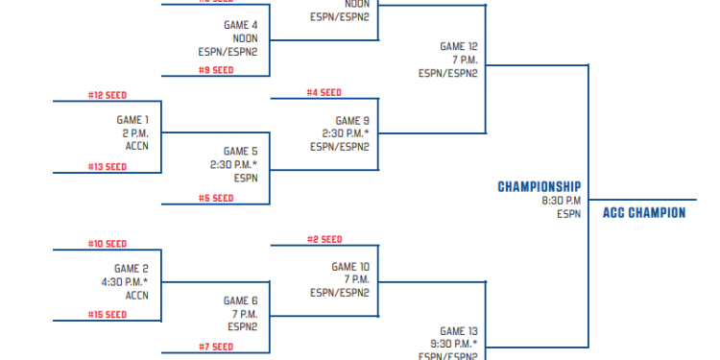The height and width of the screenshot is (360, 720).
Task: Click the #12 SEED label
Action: point(108,95)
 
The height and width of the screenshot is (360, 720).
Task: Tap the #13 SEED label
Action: point(108,167)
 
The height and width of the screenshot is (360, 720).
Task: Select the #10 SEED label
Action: point(108,244)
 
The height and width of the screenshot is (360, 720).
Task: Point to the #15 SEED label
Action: point(108,315)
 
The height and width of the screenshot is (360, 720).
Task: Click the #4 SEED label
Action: point(324,93)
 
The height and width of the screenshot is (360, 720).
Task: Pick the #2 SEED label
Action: point(324,239)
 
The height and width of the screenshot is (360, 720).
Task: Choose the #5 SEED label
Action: point(216,199)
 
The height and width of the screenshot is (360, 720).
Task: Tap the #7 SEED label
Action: point(216,347)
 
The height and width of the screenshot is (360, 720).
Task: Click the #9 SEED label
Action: point(216,70)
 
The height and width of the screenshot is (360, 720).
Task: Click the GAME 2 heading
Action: point(132,269)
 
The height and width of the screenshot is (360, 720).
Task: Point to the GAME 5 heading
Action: point(241,151)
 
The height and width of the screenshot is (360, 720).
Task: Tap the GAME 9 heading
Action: point(350,121)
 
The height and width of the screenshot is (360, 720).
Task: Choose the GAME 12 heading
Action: point(459,46)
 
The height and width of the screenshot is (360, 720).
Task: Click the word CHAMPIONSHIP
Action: point(540,186)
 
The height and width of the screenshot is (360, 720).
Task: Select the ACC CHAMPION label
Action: point(644,213)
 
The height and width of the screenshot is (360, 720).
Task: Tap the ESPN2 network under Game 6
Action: point(243,327)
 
